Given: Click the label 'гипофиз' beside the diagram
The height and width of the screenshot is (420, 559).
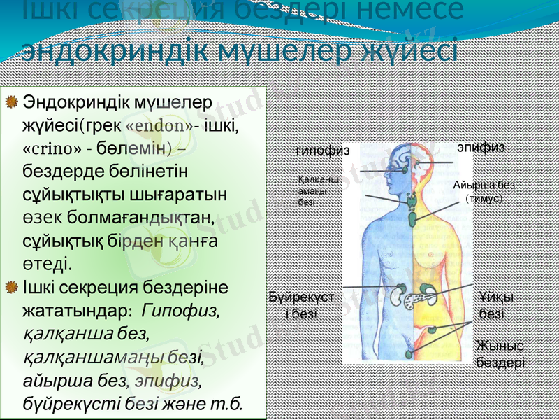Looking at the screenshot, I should [x=322, y=150].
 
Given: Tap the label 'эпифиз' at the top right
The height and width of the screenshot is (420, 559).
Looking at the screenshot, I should [x=480, y=147].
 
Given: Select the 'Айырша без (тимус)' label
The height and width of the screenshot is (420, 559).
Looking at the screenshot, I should [x=484, y=191].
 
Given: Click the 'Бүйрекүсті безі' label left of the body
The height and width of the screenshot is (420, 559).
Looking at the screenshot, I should [x=301, y=306].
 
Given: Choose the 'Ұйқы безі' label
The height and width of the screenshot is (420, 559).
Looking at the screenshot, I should [x=497, y=306].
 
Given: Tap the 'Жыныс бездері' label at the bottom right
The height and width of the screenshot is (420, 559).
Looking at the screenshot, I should [x=500, y=354].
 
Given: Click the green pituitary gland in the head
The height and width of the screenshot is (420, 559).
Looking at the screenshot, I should [x=405, y=170].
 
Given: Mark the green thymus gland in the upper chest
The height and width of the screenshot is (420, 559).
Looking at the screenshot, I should [x=412, y=214].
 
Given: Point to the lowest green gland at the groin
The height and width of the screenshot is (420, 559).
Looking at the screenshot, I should [x=409, y=355].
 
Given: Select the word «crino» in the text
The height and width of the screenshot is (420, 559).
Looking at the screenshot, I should [x=51, y=150].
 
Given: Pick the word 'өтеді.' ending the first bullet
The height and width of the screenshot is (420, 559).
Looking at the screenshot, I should [x=47, y=265].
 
